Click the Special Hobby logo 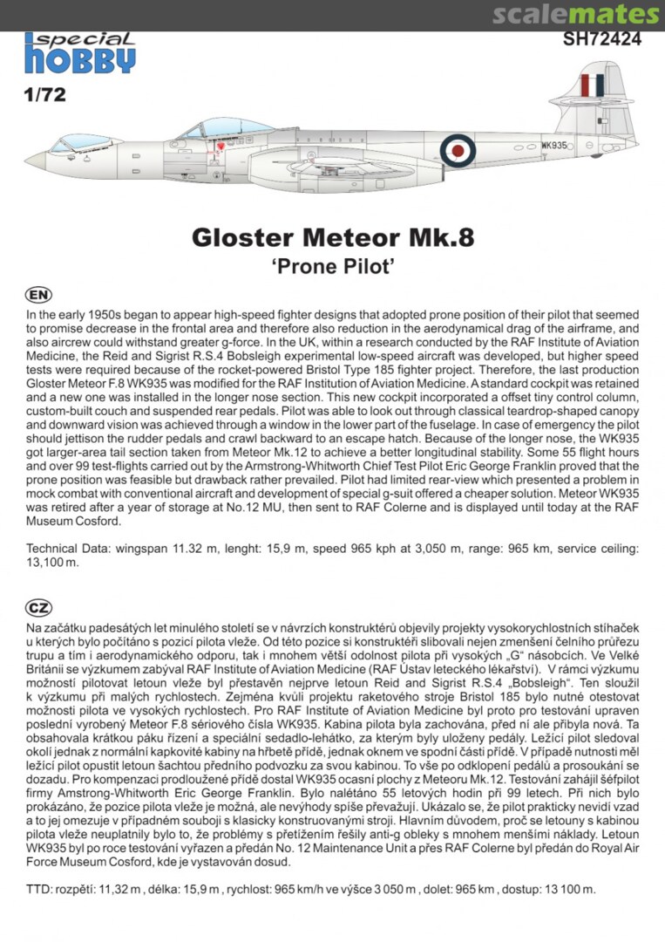[x=79, y=53]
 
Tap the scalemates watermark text [x=575, y=15]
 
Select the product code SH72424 [x=602, y=38]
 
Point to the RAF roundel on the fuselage [x=457, y=150]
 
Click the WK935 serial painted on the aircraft [x=554, y=146]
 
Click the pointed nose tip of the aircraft [x=27, y=160]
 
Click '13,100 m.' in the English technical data [x=53, y=562]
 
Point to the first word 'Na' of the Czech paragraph [x=34, y=628]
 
